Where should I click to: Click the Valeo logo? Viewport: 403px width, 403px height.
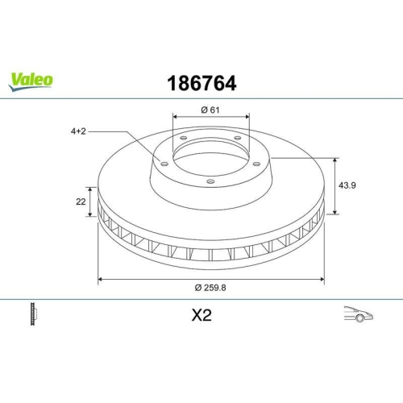pos(31,79)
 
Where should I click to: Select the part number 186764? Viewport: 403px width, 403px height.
pos(201,83)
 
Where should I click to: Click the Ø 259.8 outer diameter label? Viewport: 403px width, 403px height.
pos(211,289)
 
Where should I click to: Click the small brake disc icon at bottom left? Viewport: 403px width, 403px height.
pos(33,314)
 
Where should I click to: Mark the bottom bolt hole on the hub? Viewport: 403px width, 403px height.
pos(210,181)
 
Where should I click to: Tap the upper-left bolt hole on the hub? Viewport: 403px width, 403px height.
pos(184,139)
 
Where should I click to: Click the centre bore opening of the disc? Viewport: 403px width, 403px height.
pos(210,157)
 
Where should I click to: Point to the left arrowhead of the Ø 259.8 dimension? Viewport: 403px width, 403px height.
pos(100,279)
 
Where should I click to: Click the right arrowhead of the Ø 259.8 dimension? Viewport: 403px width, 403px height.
pos(322,279)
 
